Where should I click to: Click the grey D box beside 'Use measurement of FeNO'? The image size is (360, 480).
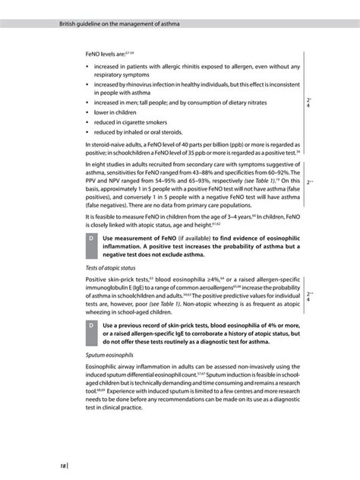91,240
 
